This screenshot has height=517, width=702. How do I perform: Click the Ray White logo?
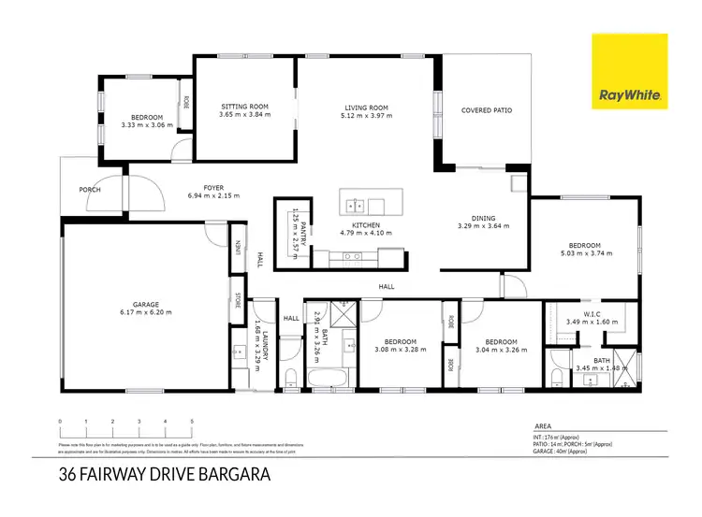click(629, 72)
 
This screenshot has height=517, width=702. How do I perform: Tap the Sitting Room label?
click(244, 107)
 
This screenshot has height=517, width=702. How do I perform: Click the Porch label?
click(90, 190)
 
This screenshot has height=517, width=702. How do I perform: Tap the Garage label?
click(145, 304)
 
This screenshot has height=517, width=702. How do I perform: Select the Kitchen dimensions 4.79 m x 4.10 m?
click(365, 233)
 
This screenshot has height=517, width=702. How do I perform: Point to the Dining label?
click(483, 218)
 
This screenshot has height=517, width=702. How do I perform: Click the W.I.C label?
click(593, 314)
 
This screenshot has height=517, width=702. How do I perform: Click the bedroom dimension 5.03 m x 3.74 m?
click(587, 253)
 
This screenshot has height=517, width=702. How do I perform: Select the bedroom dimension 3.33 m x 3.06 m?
click(147, 124)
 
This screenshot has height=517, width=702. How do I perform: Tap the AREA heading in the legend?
click(542, 424)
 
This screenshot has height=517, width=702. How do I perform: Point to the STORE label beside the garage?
click(239, 302)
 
